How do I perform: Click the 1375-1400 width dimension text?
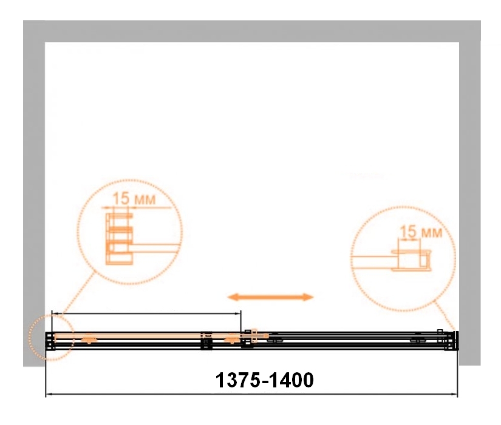tap(265, 380)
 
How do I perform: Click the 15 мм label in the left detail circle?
tap(134, 199)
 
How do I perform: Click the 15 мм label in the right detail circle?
tap(421, 232)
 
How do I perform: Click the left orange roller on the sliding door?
tap(89, 339)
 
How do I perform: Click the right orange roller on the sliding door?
tap(232, 339)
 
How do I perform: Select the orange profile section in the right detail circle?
tap(412, 260)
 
